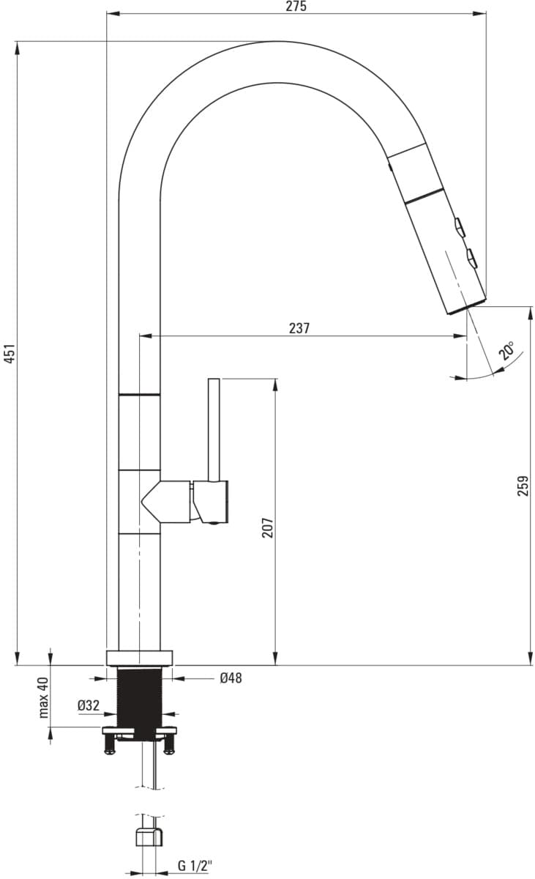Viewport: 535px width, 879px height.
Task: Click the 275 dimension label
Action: (296, 7)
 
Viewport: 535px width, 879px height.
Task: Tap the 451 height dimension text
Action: (10, 353)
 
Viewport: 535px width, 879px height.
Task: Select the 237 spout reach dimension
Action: (299, 328)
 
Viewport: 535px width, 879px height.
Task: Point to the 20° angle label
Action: (506, 350)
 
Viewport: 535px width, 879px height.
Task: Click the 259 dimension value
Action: (523, 486)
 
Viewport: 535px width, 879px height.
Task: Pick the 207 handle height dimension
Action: (267, 527)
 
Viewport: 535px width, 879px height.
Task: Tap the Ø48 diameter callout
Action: (231, 678)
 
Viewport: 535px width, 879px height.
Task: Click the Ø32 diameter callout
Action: (89, 705)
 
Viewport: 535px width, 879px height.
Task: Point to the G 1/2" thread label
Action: (195, 865)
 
